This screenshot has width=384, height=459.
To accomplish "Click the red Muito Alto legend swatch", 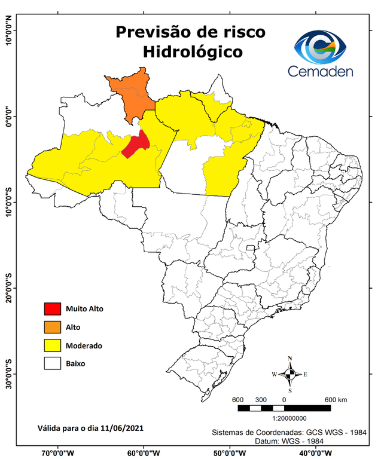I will (x=53, y=308).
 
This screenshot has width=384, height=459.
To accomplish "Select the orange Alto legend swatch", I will (x=53, y=327).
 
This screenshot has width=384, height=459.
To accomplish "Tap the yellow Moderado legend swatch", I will (x=53, y=345).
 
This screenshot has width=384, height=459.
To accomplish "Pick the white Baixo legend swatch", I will (x=53, y=363).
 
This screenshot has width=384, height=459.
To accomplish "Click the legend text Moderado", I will (x=84, y=345).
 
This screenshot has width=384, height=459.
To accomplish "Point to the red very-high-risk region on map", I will (x=137, y=144).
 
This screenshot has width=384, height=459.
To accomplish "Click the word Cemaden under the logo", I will (x=321, y=72).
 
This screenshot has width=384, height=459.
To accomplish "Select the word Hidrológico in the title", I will (x=193, y=52).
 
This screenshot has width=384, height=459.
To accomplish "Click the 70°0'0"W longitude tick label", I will (x=57, y=452).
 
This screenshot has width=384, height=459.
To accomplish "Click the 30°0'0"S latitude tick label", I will (x=9, y=373).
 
